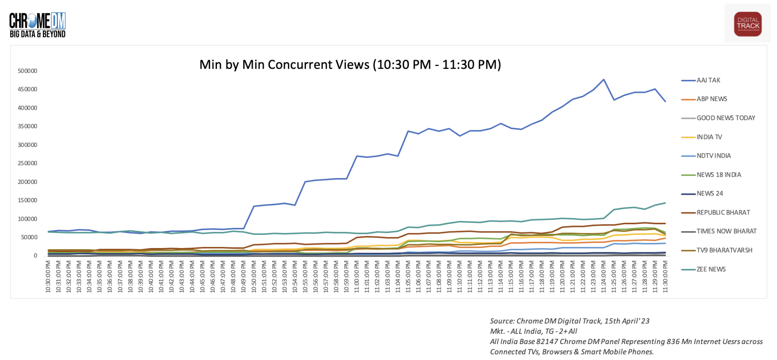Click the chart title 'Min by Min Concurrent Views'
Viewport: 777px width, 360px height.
coord(350,65)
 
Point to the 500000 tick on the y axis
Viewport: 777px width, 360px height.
coord(28,71)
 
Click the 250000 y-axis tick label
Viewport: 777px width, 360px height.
coord(28,163)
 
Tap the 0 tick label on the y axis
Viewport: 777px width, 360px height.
coord(35,256)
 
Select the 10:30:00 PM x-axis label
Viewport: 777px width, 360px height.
coord(48,277)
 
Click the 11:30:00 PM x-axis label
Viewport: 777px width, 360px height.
coord(665,277)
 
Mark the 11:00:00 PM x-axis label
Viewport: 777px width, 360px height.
coord(357,277)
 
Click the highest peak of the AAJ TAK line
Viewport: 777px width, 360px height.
coord(604,80)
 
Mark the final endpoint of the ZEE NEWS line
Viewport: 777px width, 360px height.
coord(665,203)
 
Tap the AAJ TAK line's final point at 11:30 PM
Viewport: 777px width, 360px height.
coord(665,101)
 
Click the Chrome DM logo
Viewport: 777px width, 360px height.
coord(37,25)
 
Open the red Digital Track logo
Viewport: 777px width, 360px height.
coord(747,24)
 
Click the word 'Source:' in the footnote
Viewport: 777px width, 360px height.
coord(502,321)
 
